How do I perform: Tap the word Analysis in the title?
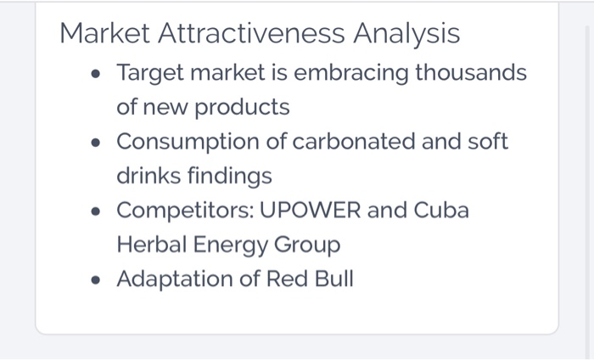point(406,34)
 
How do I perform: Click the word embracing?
point(356,74)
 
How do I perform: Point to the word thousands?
point(471,74)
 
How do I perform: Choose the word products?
point(242,108)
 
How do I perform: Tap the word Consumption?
point(189,142)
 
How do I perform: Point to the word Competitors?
point(179,210)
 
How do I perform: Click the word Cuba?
point(440,210)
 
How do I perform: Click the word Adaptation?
point(176,278)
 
